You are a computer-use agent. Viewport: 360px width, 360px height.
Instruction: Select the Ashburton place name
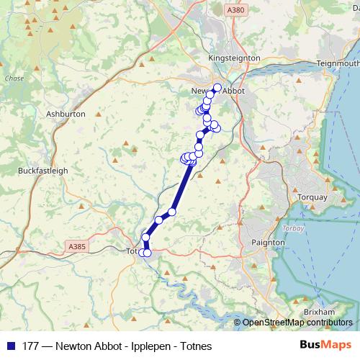(x=66, y=114)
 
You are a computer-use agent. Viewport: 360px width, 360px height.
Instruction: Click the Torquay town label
(x=312, y=197)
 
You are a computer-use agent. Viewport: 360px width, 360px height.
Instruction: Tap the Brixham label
(x=319, y=312)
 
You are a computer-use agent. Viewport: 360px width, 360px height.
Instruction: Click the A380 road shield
(x=235, y=10)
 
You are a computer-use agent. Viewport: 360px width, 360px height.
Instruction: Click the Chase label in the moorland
(x=14, y=78)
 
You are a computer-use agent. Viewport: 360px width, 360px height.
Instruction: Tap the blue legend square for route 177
(x=9, y=346)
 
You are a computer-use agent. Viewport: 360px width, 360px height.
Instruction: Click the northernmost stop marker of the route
(x=217, y=87)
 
